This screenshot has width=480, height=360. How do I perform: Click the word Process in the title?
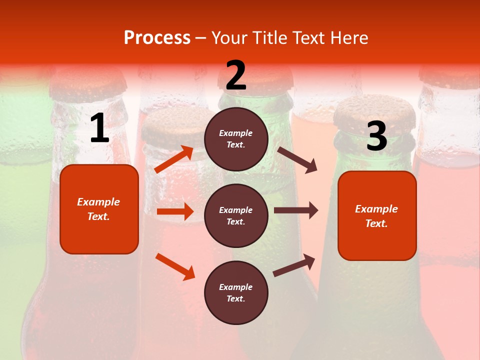(157, 38)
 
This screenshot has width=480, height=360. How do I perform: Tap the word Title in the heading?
(268, 38)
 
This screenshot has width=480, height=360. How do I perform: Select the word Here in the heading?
(349, 38)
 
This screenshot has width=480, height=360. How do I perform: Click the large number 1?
(99, 128)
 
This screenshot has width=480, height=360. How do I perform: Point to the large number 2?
(236, 75)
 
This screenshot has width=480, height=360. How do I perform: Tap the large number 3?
(376, 136)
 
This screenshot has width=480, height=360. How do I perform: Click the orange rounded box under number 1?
(99, 209)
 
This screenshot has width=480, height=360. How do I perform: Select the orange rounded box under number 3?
(377, 216)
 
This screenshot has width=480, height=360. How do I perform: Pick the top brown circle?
(236, 139)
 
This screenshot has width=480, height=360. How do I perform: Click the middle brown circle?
(236, 216)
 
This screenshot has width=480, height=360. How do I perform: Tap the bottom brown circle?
(236, 293)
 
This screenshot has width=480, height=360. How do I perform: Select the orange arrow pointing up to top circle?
(174, 159)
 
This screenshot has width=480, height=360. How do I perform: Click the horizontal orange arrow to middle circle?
(175, 211)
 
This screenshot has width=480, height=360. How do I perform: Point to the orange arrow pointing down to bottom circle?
(175, 266)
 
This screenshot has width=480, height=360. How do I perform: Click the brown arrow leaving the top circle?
(297, 159)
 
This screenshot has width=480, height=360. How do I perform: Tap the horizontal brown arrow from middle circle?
(296, 210)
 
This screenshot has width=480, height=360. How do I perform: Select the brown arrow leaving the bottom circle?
(294, 265)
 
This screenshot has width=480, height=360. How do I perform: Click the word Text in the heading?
(309, 38)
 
